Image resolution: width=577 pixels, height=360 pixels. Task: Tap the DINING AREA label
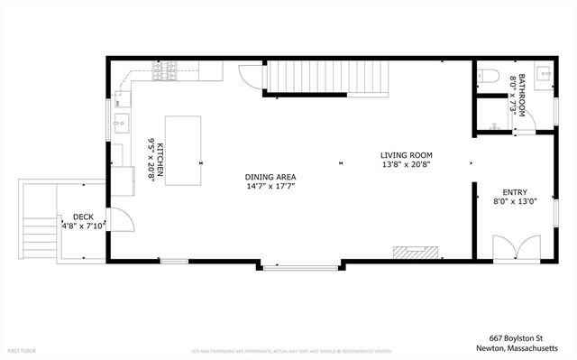coord(270,177)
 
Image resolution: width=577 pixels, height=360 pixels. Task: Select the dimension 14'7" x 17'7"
coord(270,187)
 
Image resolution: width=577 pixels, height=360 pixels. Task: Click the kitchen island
coord(184,150)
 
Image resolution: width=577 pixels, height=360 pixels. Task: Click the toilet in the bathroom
coord(486,76)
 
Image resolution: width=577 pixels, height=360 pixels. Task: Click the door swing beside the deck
coord(124,221)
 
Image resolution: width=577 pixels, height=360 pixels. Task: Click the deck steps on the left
coord(35,221)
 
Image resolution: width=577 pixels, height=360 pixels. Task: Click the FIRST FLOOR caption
coord(22,349)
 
